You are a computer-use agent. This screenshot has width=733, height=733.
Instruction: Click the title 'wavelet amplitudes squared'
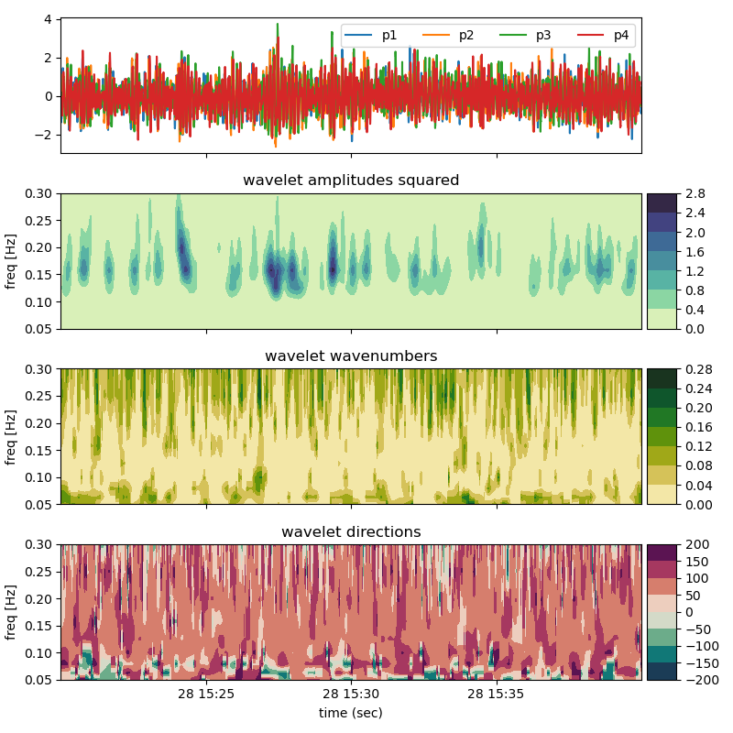pos(351,181)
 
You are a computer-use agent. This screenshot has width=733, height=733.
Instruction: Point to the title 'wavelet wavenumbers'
pos(351,356)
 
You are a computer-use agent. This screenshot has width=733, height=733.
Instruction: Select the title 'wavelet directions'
pos(351,531)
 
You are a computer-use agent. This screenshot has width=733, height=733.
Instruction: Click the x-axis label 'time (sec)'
pos(351,712)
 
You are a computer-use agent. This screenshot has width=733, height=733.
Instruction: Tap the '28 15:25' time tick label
pos(206,695)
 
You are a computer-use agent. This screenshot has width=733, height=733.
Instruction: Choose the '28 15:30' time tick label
pos(351,695)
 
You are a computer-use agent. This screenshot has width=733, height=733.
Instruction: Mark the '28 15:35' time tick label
pos(497,695)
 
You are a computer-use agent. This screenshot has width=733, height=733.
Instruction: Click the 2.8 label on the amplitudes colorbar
pos(694,194)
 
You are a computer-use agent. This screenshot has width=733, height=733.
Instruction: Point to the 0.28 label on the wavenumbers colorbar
pos(697,370)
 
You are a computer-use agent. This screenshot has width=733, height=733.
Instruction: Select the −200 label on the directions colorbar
pos(699,681)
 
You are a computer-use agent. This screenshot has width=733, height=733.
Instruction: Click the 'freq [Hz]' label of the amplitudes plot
pos(12,261)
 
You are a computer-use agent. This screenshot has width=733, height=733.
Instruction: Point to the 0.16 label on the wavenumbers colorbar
pos(697,428)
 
